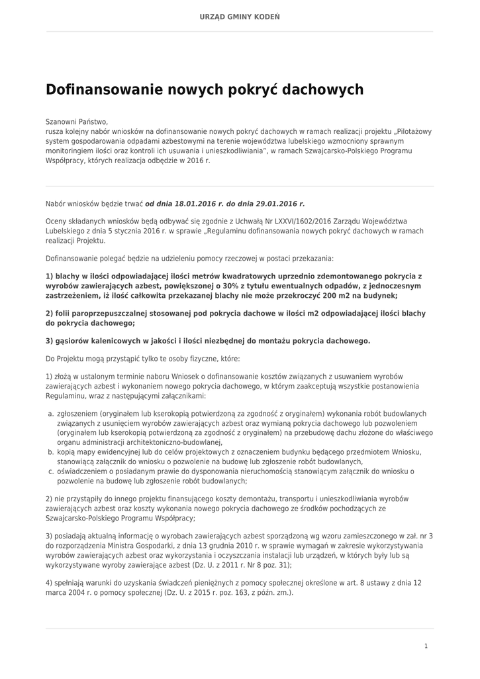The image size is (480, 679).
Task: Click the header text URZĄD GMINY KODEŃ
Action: point(240,16)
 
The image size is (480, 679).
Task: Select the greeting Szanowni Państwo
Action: point(76,122)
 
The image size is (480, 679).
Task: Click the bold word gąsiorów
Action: point(75,341)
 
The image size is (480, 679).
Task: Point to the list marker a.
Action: point(50,413)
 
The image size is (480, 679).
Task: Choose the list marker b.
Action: point(50,452)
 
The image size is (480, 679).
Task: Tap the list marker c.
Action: point(50,471)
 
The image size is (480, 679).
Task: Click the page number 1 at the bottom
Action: point(426,645)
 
